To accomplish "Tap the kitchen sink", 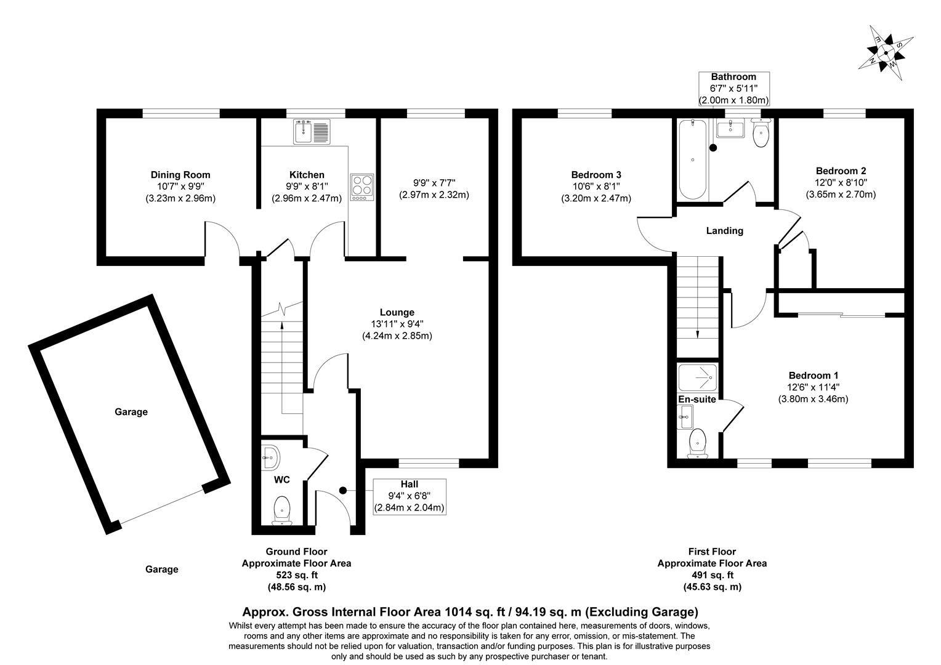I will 313,131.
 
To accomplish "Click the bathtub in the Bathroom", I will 693,159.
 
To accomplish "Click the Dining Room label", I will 180,175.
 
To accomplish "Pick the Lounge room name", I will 397,312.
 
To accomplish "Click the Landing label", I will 724,231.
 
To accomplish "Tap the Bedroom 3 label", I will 596,175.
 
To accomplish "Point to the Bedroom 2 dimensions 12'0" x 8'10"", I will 841,182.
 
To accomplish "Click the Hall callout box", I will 409,496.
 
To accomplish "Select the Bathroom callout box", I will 733,88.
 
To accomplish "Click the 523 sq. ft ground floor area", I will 296,575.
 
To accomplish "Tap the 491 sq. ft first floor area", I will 712,575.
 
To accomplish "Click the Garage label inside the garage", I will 131,412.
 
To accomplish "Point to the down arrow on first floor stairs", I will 698,332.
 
